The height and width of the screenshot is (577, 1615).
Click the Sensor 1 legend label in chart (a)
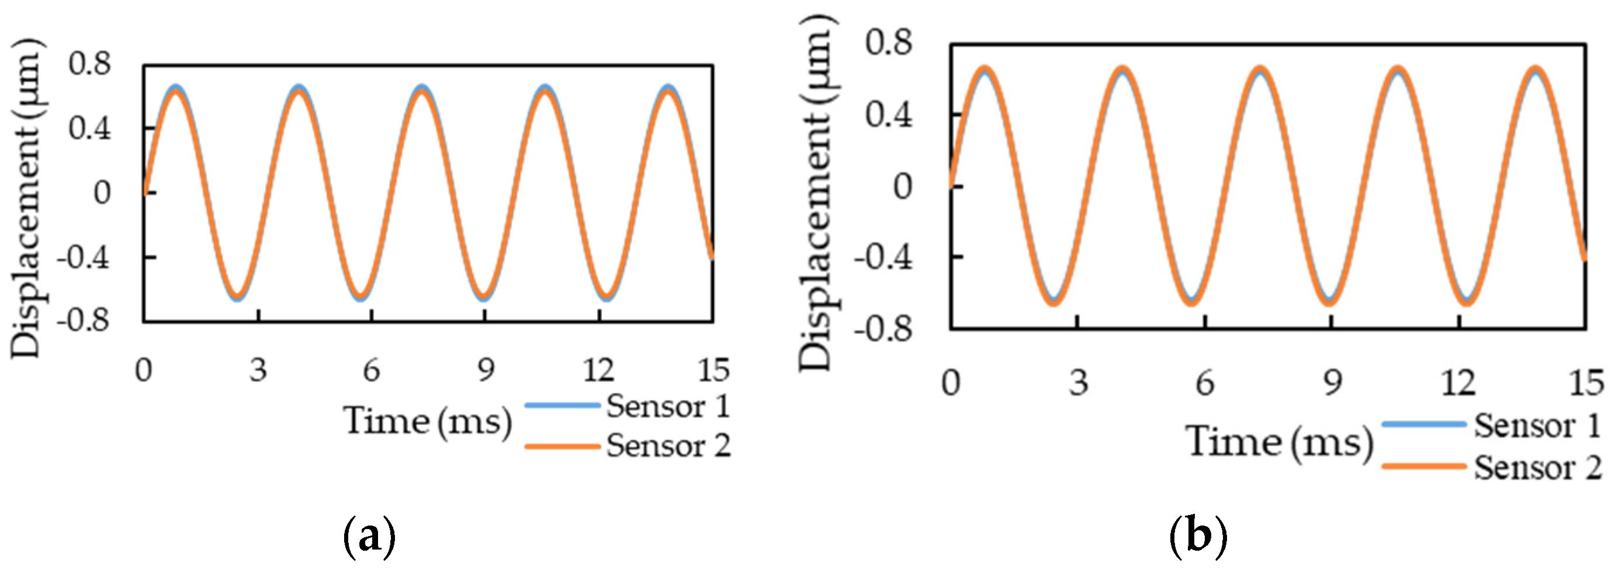(668, 406)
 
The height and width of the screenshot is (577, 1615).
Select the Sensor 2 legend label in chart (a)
(668, 446)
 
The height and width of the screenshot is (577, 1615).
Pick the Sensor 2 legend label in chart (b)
(1537, 468)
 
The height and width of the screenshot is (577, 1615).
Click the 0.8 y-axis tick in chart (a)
(89, 63)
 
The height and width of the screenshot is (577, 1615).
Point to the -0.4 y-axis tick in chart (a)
(84, 257)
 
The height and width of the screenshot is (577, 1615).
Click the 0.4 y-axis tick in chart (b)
(889, 115)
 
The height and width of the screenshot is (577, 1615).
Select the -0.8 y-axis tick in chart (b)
(883, 329)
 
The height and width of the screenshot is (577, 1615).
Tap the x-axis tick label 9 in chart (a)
(485, 370)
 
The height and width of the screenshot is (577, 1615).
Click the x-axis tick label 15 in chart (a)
(713, 370)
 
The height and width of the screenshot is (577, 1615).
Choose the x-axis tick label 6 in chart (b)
(1204, 382)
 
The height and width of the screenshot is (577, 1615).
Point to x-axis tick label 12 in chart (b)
(1458, 382)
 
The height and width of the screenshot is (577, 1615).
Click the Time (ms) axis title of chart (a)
(428, 421)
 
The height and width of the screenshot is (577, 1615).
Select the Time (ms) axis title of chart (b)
(1280, 442)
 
